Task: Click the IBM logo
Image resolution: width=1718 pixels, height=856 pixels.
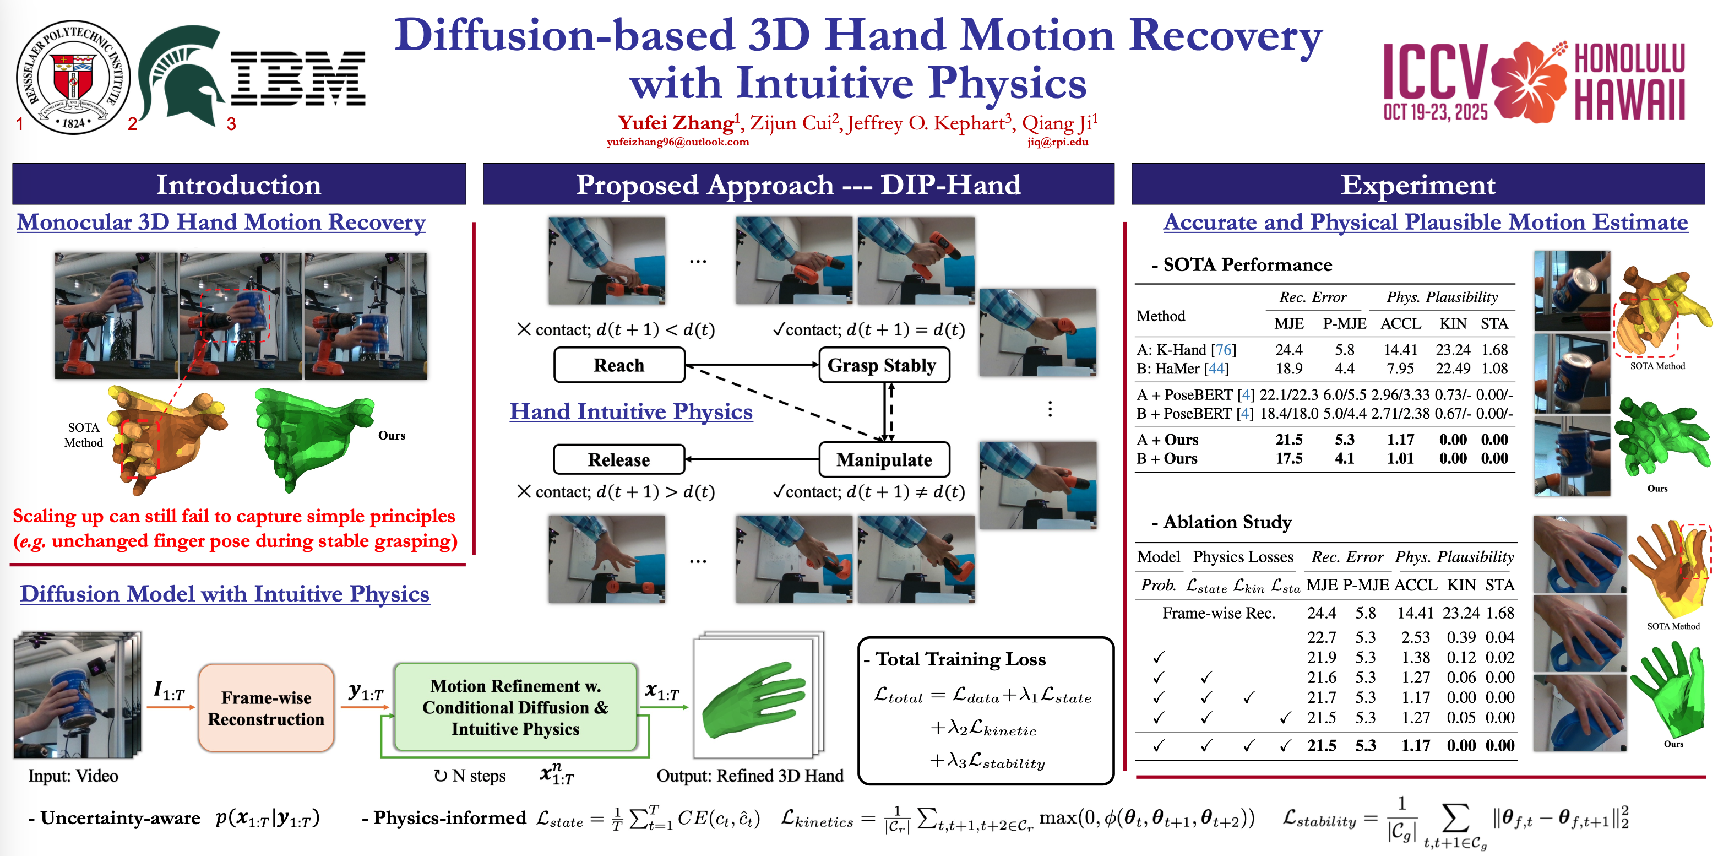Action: point(298,78)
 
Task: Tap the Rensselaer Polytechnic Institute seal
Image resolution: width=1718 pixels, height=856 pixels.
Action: point(73,77)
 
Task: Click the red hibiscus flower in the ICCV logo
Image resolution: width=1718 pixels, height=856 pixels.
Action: point(1529,82)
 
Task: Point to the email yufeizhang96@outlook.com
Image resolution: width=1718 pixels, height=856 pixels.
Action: point(678,142)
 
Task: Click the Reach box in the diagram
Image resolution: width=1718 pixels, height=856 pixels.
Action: point(619,365)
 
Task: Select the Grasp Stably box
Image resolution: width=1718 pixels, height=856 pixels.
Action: point(883,365)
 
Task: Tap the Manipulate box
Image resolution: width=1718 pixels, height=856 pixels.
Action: point(884,460)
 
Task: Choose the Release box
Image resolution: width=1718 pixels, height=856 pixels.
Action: point(619,460)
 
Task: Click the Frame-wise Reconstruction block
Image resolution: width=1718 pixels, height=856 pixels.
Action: point(266,708)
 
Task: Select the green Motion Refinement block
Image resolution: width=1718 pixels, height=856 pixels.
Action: point(515,707)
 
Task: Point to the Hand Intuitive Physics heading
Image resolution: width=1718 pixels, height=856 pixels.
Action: point(631,411)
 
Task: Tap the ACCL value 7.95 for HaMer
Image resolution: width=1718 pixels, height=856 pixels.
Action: point(1400,369)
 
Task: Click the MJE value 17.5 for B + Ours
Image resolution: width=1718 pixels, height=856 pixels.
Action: point(1289,458)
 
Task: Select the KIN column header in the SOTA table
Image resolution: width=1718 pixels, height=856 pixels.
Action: point(1453,323)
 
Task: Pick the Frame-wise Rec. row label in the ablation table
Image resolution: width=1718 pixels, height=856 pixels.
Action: point(1219,613)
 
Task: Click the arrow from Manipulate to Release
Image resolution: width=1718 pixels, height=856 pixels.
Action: point(752,459)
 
